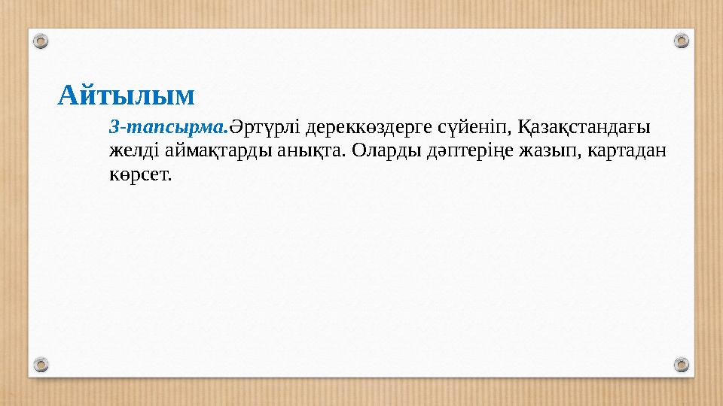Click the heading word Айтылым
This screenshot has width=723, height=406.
[x=127, y=95]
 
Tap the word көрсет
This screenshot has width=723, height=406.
[x=140, y=175]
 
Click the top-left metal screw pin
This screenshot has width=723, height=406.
[x=42, y=40]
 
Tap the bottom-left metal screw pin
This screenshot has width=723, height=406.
[x=42, y=365]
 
